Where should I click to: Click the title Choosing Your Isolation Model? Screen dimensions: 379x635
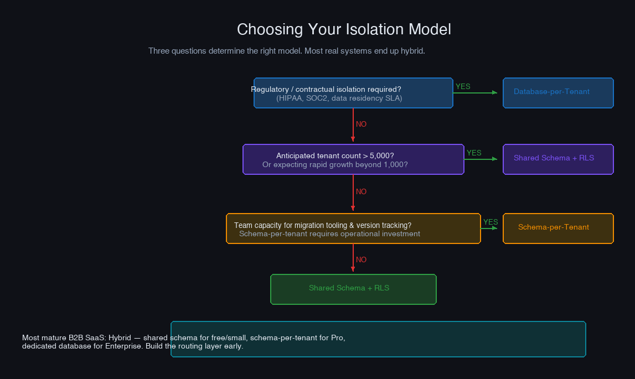pos(344,29)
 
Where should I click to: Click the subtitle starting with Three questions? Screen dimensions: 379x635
pos(286,51)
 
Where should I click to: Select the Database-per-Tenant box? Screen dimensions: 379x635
pos(557,93)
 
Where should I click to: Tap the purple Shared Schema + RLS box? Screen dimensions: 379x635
pos(557,159)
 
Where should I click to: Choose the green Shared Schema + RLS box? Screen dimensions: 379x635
pos(353,289)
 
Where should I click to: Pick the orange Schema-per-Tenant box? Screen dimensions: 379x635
pos(557,228)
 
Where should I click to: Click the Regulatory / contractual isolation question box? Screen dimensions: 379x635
pos(353,93)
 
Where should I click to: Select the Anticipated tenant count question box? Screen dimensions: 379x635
pos(353,159)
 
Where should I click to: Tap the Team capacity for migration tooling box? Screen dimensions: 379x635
pos(353,228)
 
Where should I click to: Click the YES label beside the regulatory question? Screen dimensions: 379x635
pos(463,86)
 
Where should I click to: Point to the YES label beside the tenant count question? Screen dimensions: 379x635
pos(474,153)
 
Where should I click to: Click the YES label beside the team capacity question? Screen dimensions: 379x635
pos(491,222)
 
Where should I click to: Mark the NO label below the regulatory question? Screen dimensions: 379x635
pos(361,124)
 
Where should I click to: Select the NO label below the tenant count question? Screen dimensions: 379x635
pos(361,192)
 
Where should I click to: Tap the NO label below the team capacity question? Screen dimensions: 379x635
pos(361,260)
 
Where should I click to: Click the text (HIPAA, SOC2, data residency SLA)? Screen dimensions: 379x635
pos(339,98)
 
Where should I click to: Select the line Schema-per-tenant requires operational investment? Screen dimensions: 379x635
pos(329,234)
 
